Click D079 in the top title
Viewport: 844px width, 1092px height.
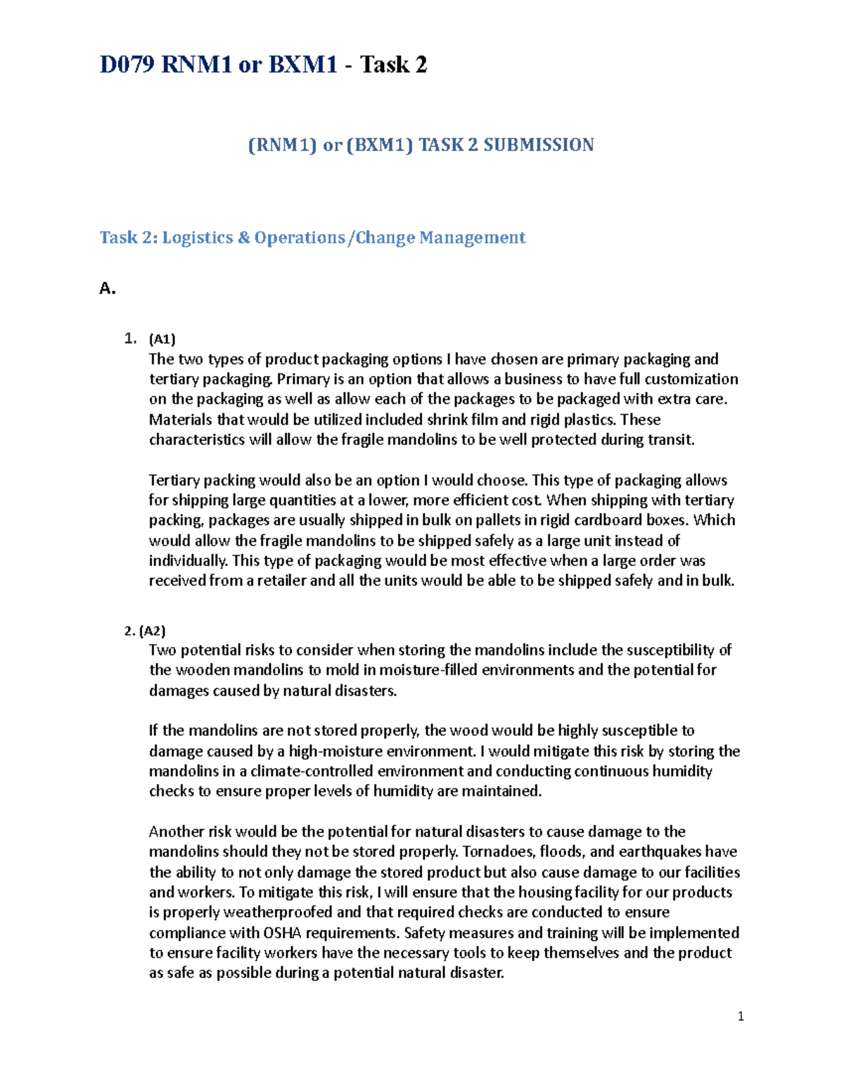pos(128,65)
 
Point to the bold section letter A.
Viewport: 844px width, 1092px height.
pos(107,288)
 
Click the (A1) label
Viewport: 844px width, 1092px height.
pos(162,339)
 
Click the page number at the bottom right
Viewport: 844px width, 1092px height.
pos(741,1016)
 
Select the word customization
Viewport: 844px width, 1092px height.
pos(691,380)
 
